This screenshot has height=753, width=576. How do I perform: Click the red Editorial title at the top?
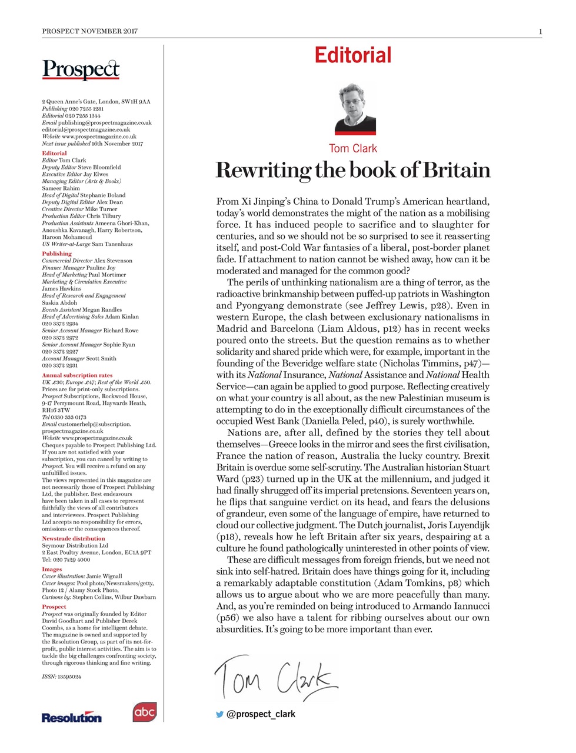(x=352, y=55)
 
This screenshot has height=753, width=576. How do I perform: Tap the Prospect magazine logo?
(x=81, y=70)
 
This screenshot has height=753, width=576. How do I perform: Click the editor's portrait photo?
(x=355, y=109)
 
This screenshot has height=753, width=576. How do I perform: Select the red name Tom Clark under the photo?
(x=353, y=148)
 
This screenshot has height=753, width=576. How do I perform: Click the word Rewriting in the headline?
(x=264, y=170)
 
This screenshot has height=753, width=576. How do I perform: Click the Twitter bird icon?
(x=219, y=714)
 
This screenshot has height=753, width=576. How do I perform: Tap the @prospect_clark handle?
(x=261, y=714)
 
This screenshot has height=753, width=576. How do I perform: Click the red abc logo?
(x=144, y=712)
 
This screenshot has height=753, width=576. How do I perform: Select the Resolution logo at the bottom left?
(x=71, y=717)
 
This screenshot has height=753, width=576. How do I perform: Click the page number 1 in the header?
(x=540, y=31)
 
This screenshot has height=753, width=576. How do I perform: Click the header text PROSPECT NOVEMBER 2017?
(x=89, y=31)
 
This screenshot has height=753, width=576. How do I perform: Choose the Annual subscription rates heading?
(x=77, y=375)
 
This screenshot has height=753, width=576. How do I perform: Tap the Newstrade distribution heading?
(x=74, y=538)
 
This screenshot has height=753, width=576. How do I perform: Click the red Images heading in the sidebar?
(x=52, y=569)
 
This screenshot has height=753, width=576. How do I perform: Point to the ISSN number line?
(x=61, y=677)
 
